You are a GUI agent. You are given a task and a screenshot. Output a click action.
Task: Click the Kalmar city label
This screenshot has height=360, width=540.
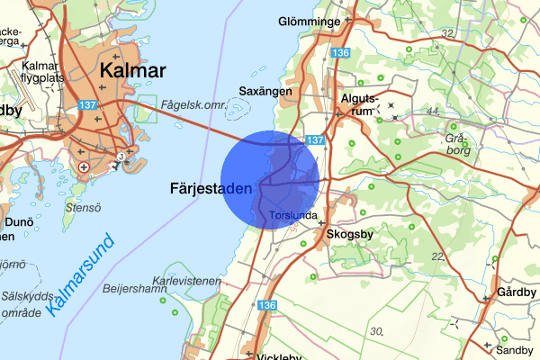(x=134, y=71)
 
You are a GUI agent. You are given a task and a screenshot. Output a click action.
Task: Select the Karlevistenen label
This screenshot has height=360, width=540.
(x=187, y=281)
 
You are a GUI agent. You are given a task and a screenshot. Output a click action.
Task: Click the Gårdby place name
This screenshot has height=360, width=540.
(x=517, y=293)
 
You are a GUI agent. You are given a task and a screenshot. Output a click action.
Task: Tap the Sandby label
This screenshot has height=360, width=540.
(x=516, y=350)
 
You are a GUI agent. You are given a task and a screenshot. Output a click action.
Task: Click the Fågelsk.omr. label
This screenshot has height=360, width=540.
(x=191, y=105)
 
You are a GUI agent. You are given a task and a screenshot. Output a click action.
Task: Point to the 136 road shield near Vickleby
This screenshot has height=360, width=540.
(x=266, y=306)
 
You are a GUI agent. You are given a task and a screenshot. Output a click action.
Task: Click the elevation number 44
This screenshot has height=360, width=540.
(x=432, y=111)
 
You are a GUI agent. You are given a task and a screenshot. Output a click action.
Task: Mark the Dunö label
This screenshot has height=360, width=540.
(x=18, y=221)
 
